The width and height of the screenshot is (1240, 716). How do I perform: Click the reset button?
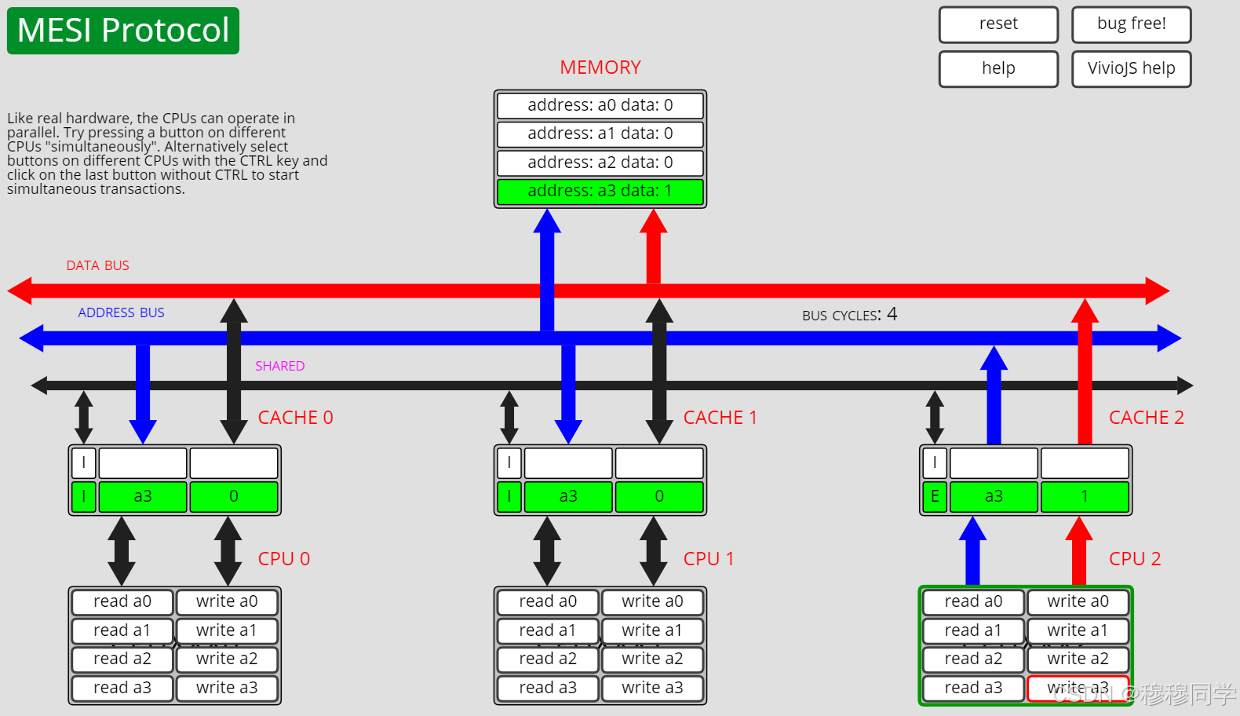998,24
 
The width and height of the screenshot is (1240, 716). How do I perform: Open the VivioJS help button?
1131,69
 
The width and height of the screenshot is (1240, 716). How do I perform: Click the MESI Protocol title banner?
123,31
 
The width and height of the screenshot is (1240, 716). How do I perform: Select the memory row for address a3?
600,192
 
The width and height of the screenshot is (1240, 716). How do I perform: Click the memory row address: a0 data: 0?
600,105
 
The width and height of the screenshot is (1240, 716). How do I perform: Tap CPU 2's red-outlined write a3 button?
1078,689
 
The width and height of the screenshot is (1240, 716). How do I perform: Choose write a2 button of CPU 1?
652,659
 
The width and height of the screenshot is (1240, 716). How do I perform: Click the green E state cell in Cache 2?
934,496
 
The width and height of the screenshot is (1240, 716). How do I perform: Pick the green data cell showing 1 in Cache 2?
1085,496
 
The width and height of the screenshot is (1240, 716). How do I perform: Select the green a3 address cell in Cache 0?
143,496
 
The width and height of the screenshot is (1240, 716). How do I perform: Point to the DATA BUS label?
97,266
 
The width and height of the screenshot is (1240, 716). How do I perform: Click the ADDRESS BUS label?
121,313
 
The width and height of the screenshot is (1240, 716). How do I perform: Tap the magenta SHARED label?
279,367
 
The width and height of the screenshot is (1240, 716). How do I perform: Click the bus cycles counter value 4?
892,315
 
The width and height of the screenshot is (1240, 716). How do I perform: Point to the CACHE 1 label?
720,418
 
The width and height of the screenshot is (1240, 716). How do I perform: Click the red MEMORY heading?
600,68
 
